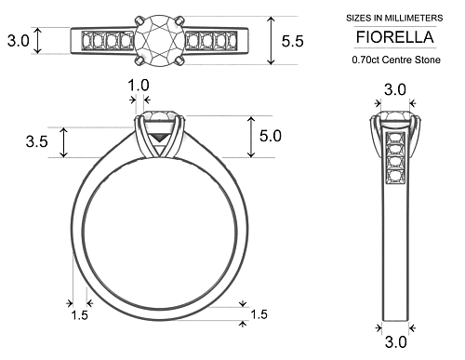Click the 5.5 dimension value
point(292,41)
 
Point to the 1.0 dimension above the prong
point(139,86)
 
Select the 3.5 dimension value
point(37,142)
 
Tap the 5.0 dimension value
point(271,136)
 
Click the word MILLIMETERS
point(411,18)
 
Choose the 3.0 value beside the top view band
point(18,41)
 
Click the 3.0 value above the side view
point(395,89)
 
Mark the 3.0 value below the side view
point(395,342)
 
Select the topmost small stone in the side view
point(394,140)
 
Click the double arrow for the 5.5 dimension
point(272,41)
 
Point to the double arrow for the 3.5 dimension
point(62,142)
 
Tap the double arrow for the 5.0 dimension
point(250,137)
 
